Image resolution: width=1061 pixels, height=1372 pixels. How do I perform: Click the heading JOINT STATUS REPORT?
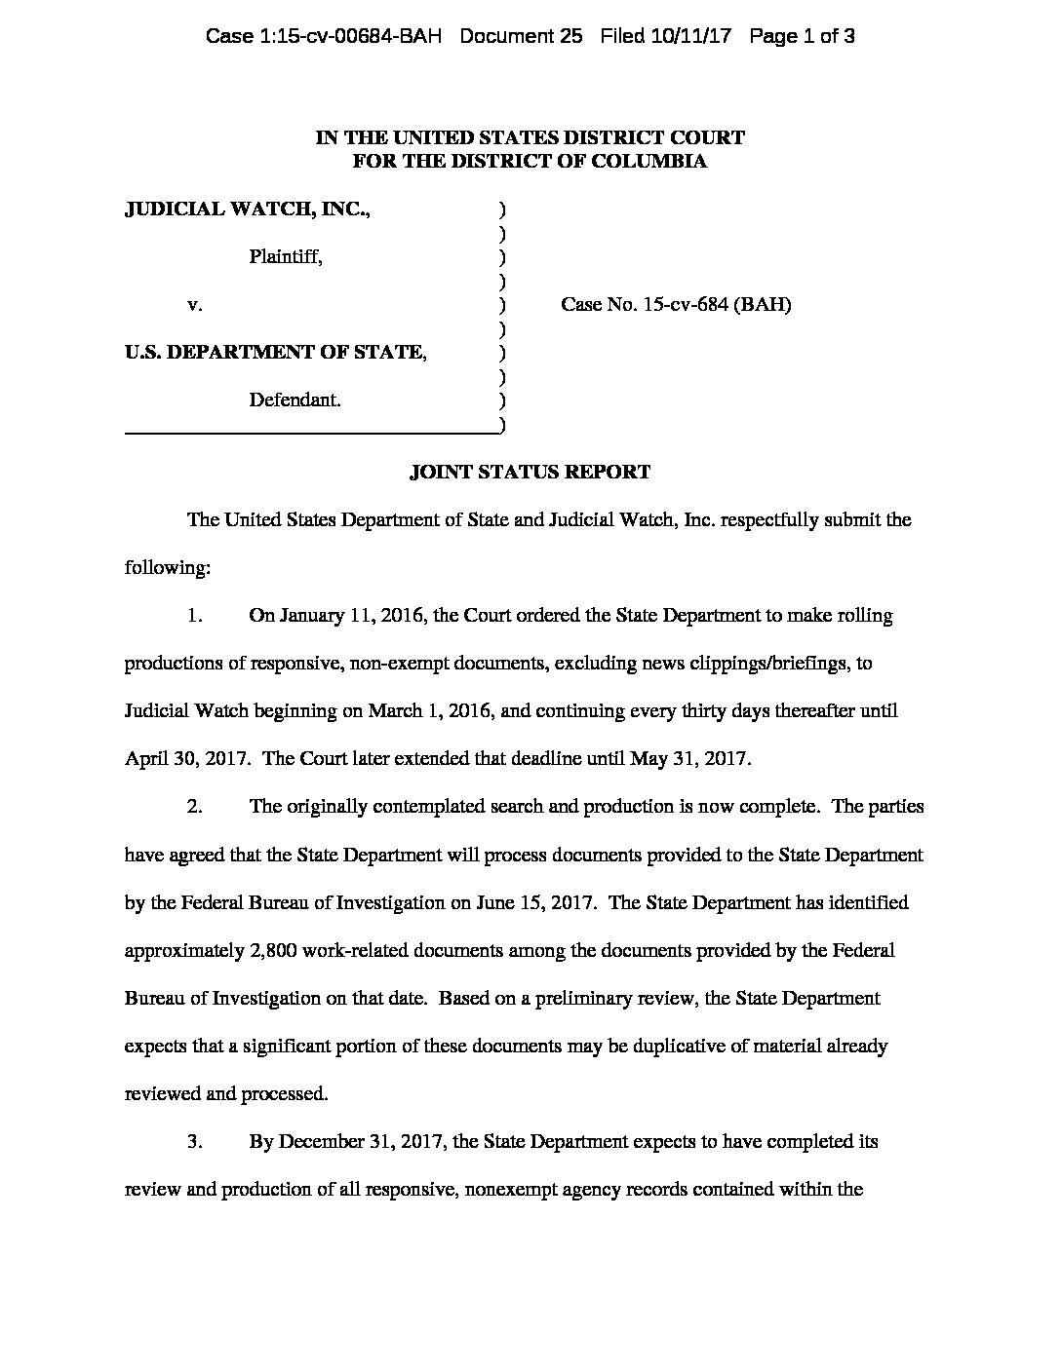tap(530, 473)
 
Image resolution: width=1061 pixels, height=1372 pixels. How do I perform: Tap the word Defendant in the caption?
tap(295, 400)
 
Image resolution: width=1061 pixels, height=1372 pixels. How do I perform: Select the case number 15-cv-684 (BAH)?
tap(717, 304)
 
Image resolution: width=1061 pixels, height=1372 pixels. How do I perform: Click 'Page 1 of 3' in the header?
tap(803, 37)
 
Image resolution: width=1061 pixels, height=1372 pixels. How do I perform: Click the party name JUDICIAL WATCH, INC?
tap(248, 209)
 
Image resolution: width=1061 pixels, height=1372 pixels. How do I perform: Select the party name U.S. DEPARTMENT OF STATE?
tap(276, 352)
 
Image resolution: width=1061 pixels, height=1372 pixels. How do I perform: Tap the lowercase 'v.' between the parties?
tap(195, 305)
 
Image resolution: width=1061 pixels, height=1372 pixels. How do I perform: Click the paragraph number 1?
tap(195, 616)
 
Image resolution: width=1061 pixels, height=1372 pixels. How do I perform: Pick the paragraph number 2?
tap(195, 807)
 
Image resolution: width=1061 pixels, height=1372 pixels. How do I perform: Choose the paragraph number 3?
tap(195, 1141)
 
